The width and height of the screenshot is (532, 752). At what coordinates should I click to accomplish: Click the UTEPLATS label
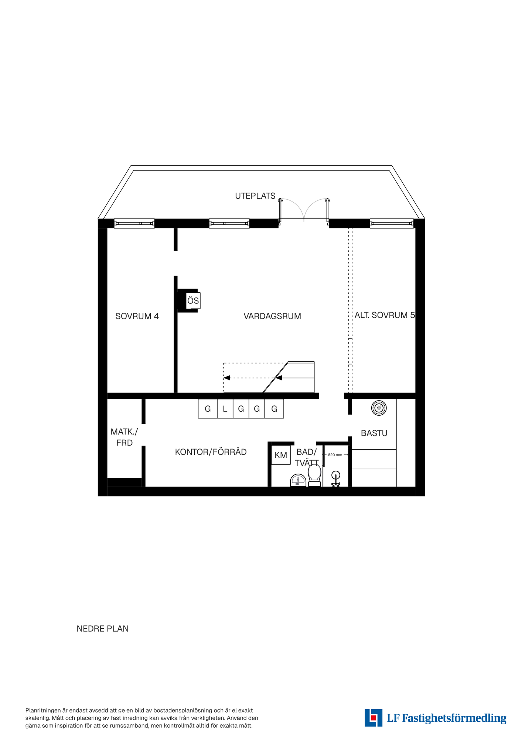point(255,196)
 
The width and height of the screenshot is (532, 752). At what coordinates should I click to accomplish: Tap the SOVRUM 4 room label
point(137,316)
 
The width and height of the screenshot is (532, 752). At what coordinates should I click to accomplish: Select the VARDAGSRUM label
point(272,316)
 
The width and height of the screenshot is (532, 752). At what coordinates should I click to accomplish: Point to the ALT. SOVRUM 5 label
point(385,315)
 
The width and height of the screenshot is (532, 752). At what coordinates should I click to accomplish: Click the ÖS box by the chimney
point(193,301)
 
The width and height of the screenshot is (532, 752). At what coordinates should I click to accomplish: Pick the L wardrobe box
point(225,409)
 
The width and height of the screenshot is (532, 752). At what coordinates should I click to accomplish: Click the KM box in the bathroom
point(281,455)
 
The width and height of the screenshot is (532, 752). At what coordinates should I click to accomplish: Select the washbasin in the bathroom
point(298,481)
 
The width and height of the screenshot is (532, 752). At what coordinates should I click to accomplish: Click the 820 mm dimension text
point(335,455)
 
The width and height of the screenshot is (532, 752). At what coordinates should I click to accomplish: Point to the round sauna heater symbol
point(379,408)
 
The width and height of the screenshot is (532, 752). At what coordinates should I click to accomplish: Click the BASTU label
point(374,433)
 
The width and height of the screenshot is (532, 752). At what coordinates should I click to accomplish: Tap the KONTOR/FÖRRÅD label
point(211,452)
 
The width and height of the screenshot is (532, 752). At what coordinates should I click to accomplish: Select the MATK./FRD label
point(124,437)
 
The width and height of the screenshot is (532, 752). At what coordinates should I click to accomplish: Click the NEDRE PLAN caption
point(103,629)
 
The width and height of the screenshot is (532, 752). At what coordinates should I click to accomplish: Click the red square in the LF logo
point(374,717)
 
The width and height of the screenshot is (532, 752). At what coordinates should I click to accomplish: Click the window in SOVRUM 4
point(134,223)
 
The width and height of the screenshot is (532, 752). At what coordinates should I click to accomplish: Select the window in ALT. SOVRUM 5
point(392,223)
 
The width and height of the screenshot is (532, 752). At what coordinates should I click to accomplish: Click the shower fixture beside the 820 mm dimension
point(336,479)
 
